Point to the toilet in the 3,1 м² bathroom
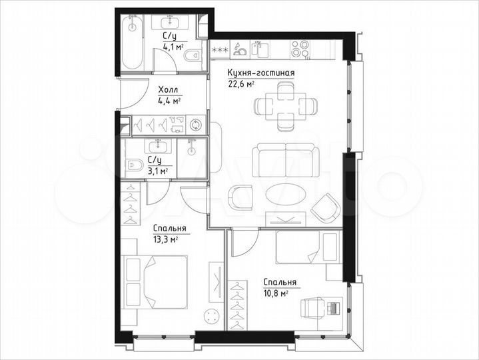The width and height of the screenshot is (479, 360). coord(135,165)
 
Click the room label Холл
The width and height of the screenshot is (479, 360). coord(167,90)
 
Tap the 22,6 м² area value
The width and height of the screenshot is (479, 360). coord(240,84)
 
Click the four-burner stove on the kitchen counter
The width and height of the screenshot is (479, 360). coord(300,49)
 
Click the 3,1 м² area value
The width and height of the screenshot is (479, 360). coord(157,171)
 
